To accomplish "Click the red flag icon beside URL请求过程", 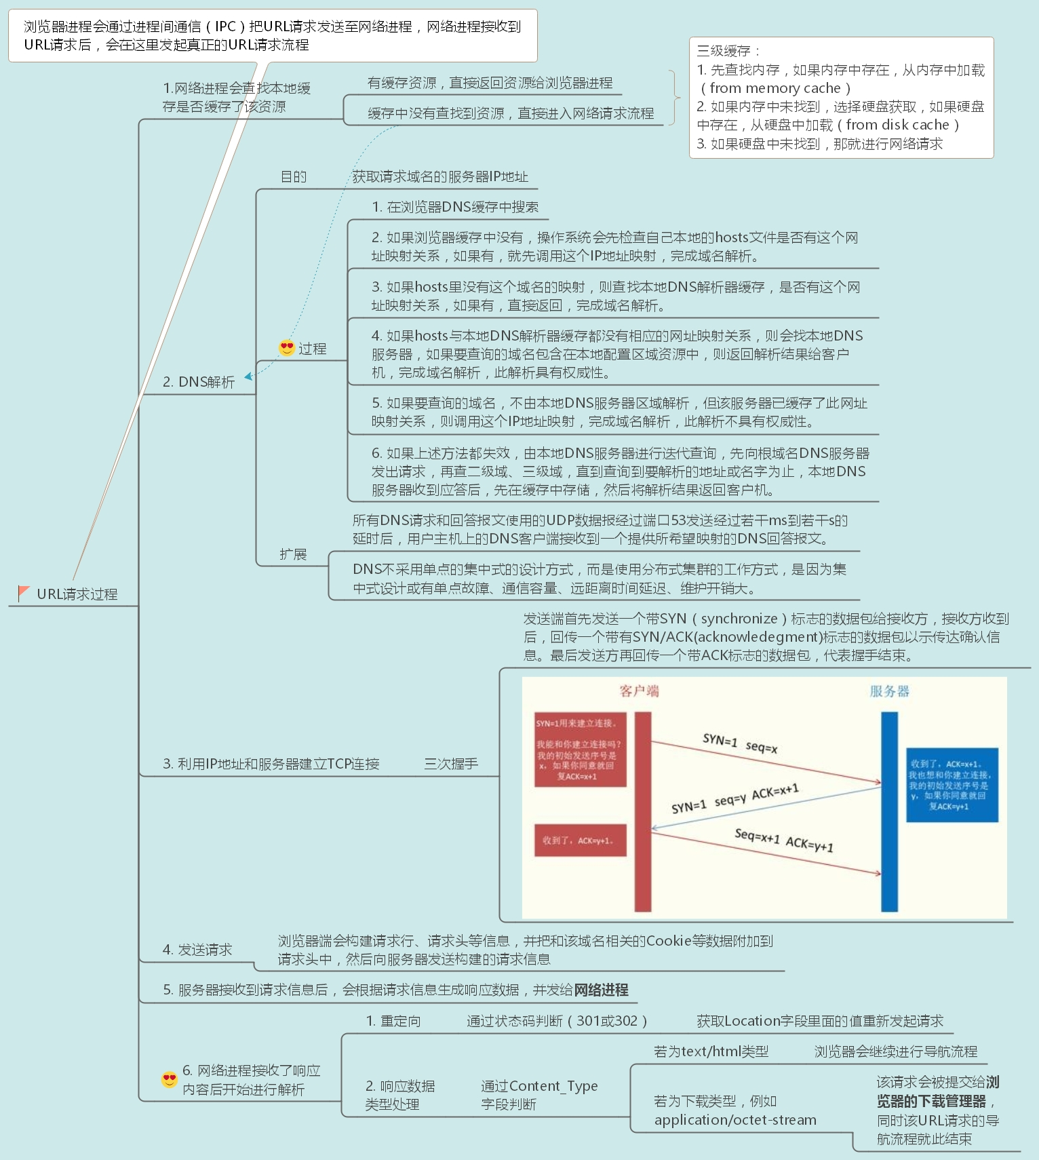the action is (24, 593).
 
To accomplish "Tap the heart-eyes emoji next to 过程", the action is (287, 348).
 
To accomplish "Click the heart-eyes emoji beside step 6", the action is (170, 1079).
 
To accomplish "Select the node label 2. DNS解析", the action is (199, 382).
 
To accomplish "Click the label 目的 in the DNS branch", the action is (294, 177).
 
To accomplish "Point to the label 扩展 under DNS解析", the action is (293, 554).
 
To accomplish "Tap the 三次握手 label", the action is (451, 764).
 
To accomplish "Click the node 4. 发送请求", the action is (197, 950).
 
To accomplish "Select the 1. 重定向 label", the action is (393, 1021).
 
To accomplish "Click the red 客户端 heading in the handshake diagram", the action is (639, 691).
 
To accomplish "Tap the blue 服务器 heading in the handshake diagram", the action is (889, 691).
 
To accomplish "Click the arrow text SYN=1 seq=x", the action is (740, 743).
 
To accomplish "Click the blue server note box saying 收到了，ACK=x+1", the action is (952, 785).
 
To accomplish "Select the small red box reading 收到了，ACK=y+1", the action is (580, 840).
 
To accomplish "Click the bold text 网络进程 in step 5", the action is (601, 990).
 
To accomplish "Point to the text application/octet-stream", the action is (735, 1120).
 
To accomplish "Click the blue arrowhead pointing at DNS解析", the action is (249, 376).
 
